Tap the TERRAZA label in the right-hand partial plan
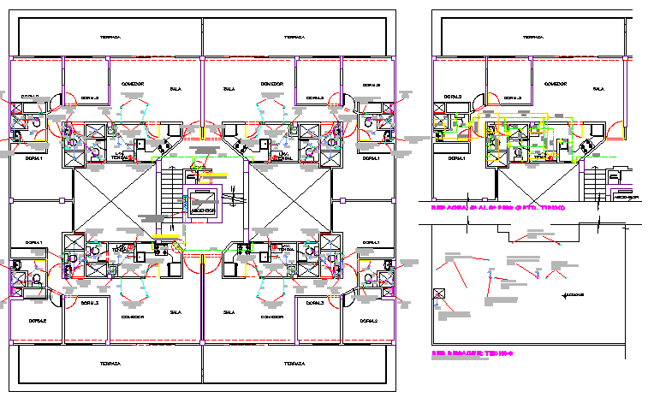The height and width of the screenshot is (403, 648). coord(533,38)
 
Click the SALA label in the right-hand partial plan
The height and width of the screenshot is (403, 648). coord(597,89)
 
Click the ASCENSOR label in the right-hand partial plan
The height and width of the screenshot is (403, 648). coord(628,196)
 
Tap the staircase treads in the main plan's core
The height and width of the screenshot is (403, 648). coord(171,197)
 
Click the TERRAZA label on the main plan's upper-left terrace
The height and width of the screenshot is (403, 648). coord(109,38)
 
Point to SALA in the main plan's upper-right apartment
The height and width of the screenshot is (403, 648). coord(229,88)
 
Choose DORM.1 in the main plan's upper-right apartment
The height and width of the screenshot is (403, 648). coord(371,158)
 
